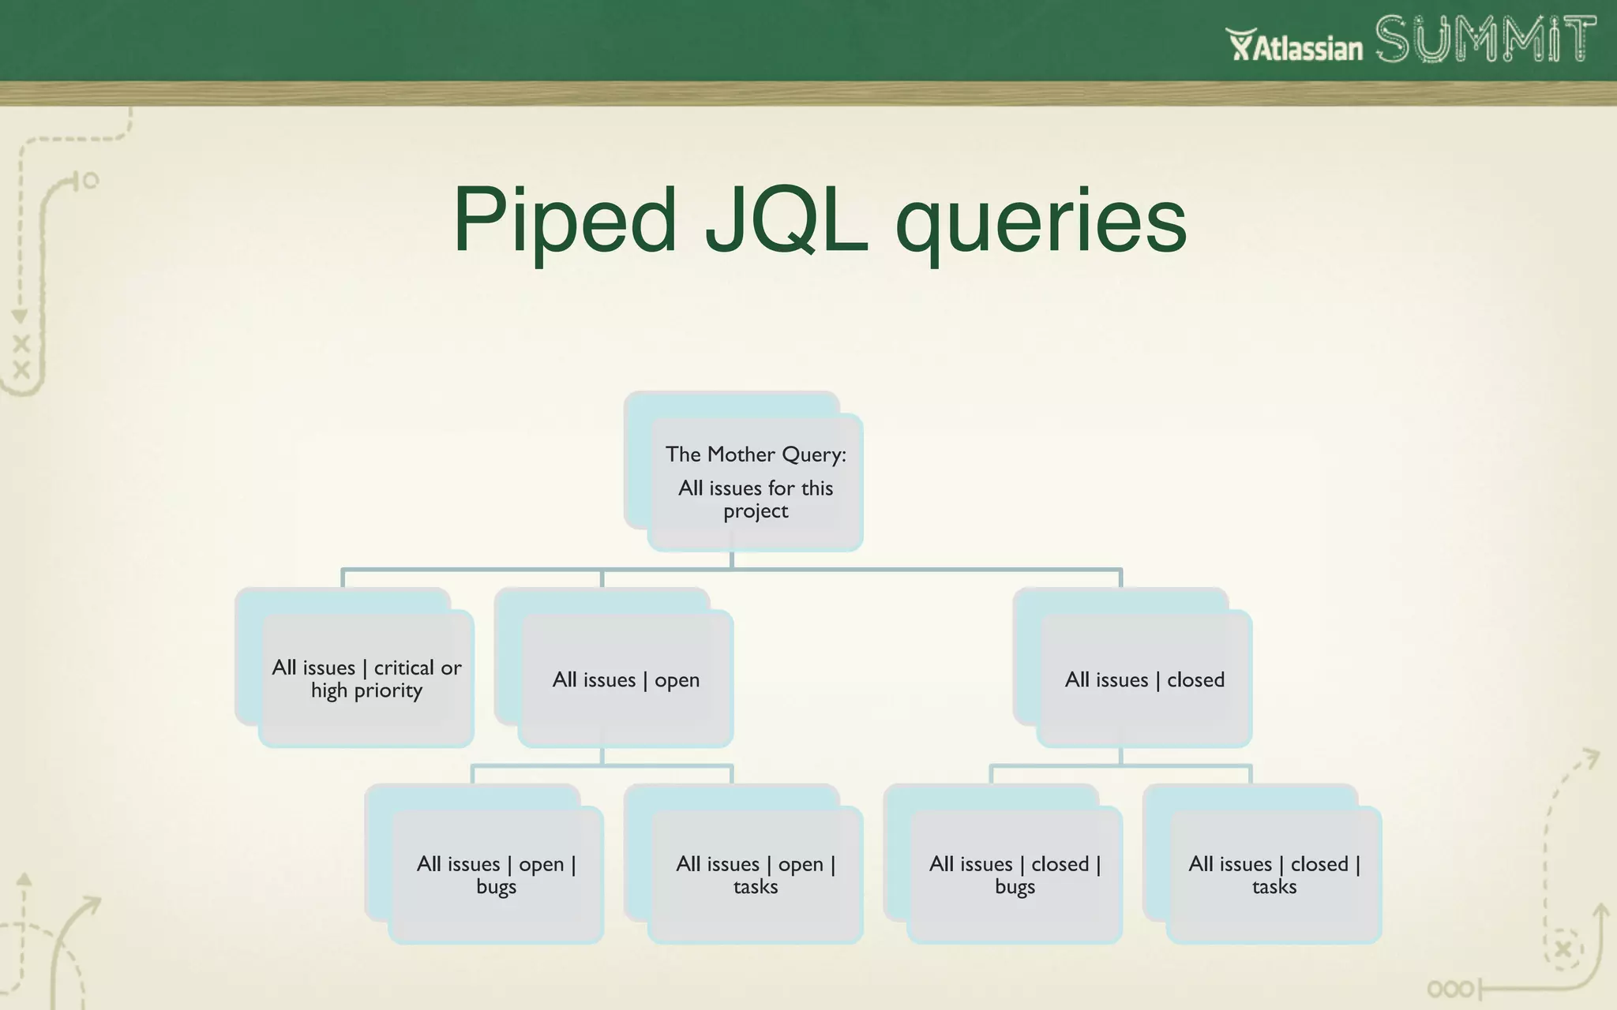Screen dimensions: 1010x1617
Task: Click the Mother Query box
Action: click(755, 481)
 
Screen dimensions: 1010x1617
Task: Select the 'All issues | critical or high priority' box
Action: click(366, 679)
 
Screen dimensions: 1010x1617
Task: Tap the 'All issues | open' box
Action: click(625, 679)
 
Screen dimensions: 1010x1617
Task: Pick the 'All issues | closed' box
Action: click(1144, 679)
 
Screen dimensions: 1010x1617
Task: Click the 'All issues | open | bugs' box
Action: click(496, 874)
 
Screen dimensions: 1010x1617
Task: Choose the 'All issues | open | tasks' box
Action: click(755, 874)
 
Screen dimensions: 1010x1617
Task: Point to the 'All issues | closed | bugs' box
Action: click(1015, 874)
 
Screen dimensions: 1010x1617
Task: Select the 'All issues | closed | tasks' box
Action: click(1274, 874)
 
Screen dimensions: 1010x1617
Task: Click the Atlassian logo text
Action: click(1295, 47)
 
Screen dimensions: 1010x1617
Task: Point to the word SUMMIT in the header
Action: click(1484, 39)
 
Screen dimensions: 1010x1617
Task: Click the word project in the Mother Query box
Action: click(756, 511)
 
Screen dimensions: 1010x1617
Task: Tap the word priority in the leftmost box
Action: click(388, 691)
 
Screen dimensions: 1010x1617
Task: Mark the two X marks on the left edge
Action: click(21, 357)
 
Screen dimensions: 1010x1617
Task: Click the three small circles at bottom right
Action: click(1450, 989)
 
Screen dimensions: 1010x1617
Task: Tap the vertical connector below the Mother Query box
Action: click(732, 559)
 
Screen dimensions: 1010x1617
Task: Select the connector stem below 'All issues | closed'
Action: click(1120, 756)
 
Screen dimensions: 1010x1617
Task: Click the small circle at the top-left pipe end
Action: click(91, 181)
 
